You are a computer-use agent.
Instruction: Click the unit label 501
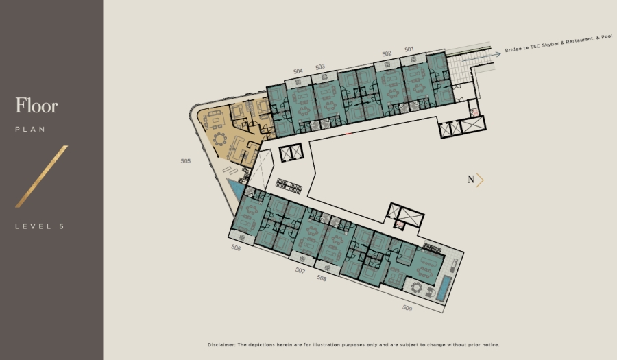409,49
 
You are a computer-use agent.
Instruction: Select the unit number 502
387,53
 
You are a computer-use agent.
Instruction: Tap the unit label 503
320,67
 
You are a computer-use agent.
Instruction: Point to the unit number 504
298,71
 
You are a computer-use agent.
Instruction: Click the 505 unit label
186,162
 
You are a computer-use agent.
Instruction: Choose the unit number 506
236,248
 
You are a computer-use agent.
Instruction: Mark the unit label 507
300,271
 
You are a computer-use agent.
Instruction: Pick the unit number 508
322,278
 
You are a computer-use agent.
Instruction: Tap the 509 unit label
407,308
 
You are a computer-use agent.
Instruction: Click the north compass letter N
471,180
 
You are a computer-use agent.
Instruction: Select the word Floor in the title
36,106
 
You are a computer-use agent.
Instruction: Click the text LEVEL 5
39,226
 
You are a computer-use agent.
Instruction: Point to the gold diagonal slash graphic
42,176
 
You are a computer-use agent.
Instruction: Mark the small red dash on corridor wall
349,133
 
